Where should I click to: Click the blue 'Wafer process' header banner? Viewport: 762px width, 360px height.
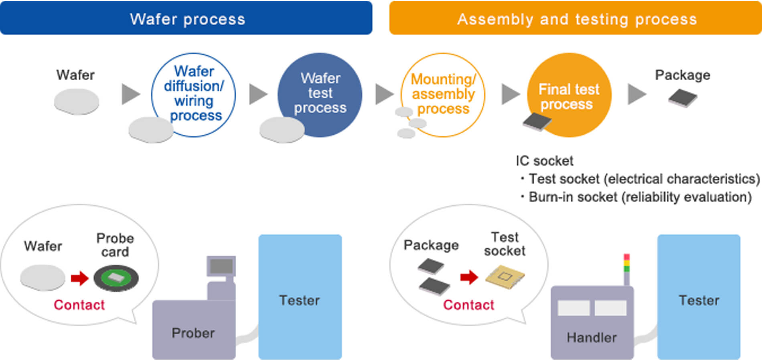tap(186, 18)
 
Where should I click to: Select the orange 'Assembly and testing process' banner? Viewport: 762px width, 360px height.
tap(576, 18)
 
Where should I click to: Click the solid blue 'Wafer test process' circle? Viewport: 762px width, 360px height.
tap(320, 95)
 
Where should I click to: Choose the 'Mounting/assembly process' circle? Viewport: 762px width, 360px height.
tap(443, 95)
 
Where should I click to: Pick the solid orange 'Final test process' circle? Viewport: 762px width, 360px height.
tap(569, 95)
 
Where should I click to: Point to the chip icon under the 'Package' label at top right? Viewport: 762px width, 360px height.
tap(683, 98)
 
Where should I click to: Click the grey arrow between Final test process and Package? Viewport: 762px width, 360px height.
tap(637, 94)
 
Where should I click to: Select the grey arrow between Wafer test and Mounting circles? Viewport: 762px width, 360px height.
tap(385, 94)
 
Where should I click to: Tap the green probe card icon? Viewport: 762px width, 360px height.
tap(116, 278)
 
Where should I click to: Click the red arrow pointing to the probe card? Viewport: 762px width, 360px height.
tap(79, 278)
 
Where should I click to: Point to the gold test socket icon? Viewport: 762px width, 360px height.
tap(505, 277)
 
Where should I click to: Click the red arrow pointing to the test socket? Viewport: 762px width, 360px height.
tap(469, 277)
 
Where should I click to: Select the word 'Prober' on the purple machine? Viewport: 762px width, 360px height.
tap(193, 333)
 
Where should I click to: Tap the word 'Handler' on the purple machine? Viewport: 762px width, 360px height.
tap(592, 338)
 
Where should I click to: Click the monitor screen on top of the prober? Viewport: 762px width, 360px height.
tap(221, 266)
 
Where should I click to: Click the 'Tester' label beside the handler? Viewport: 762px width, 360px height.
tap(699, 300)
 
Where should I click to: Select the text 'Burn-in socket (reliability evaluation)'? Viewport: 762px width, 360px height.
tap(640, 197)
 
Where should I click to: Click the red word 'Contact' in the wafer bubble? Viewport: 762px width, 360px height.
tap(79, 305)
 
